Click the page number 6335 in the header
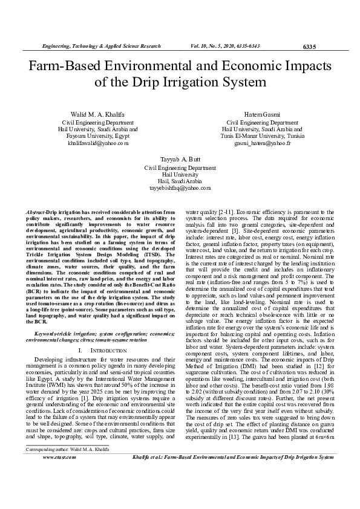[309, 47]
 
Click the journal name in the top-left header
[100, 46]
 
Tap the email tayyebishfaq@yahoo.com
[180, 187]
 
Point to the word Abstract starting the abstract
[38, 212]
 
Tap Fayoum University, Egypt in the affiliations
[97, 137]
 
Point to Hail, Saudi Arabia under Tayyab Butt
[180, 181]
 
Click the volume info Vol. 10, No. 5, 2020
[226, 46]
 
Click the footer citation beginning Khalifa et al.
[232, 491]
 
